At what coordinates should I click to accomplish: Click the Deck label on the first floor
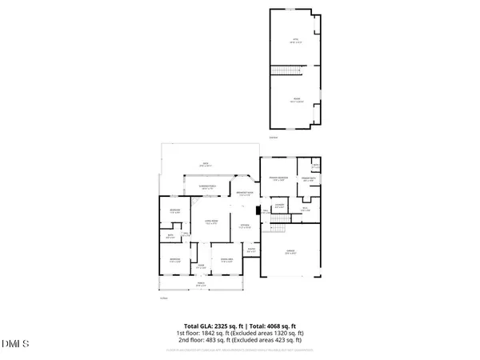tap(206, 164)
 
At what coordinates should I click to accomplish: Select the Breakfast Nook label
tap(244, 194)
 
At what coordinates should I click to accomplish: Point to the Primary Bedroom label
tap(278, 179)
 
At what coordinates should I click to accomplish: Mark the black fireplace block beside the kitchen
tap(258, 212)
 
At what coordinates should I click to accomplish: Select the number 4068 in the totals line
tap(270, 326)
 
